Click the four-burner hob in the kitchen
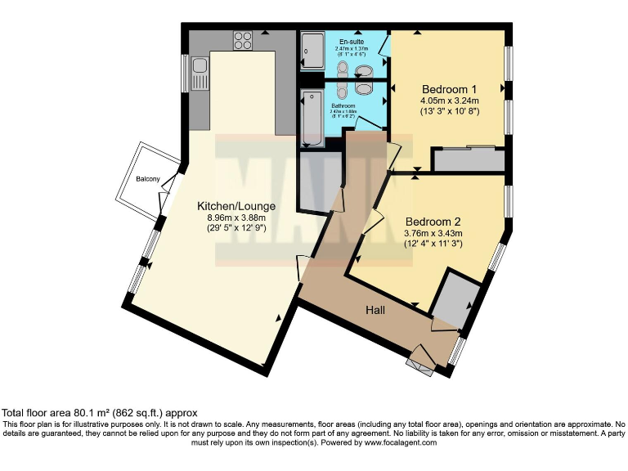pos(243,39)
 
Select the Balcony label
pos(147,178)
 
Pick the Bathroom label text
pos(343,106)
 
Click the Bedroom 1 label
pos(449,89)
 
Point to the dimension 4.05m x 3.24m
pos(449,101)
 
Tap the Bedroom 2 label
pos(433,221)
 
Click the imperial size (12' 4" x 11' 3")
pos(433,243)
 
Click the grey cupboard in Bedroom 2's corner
pos(451,299)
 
